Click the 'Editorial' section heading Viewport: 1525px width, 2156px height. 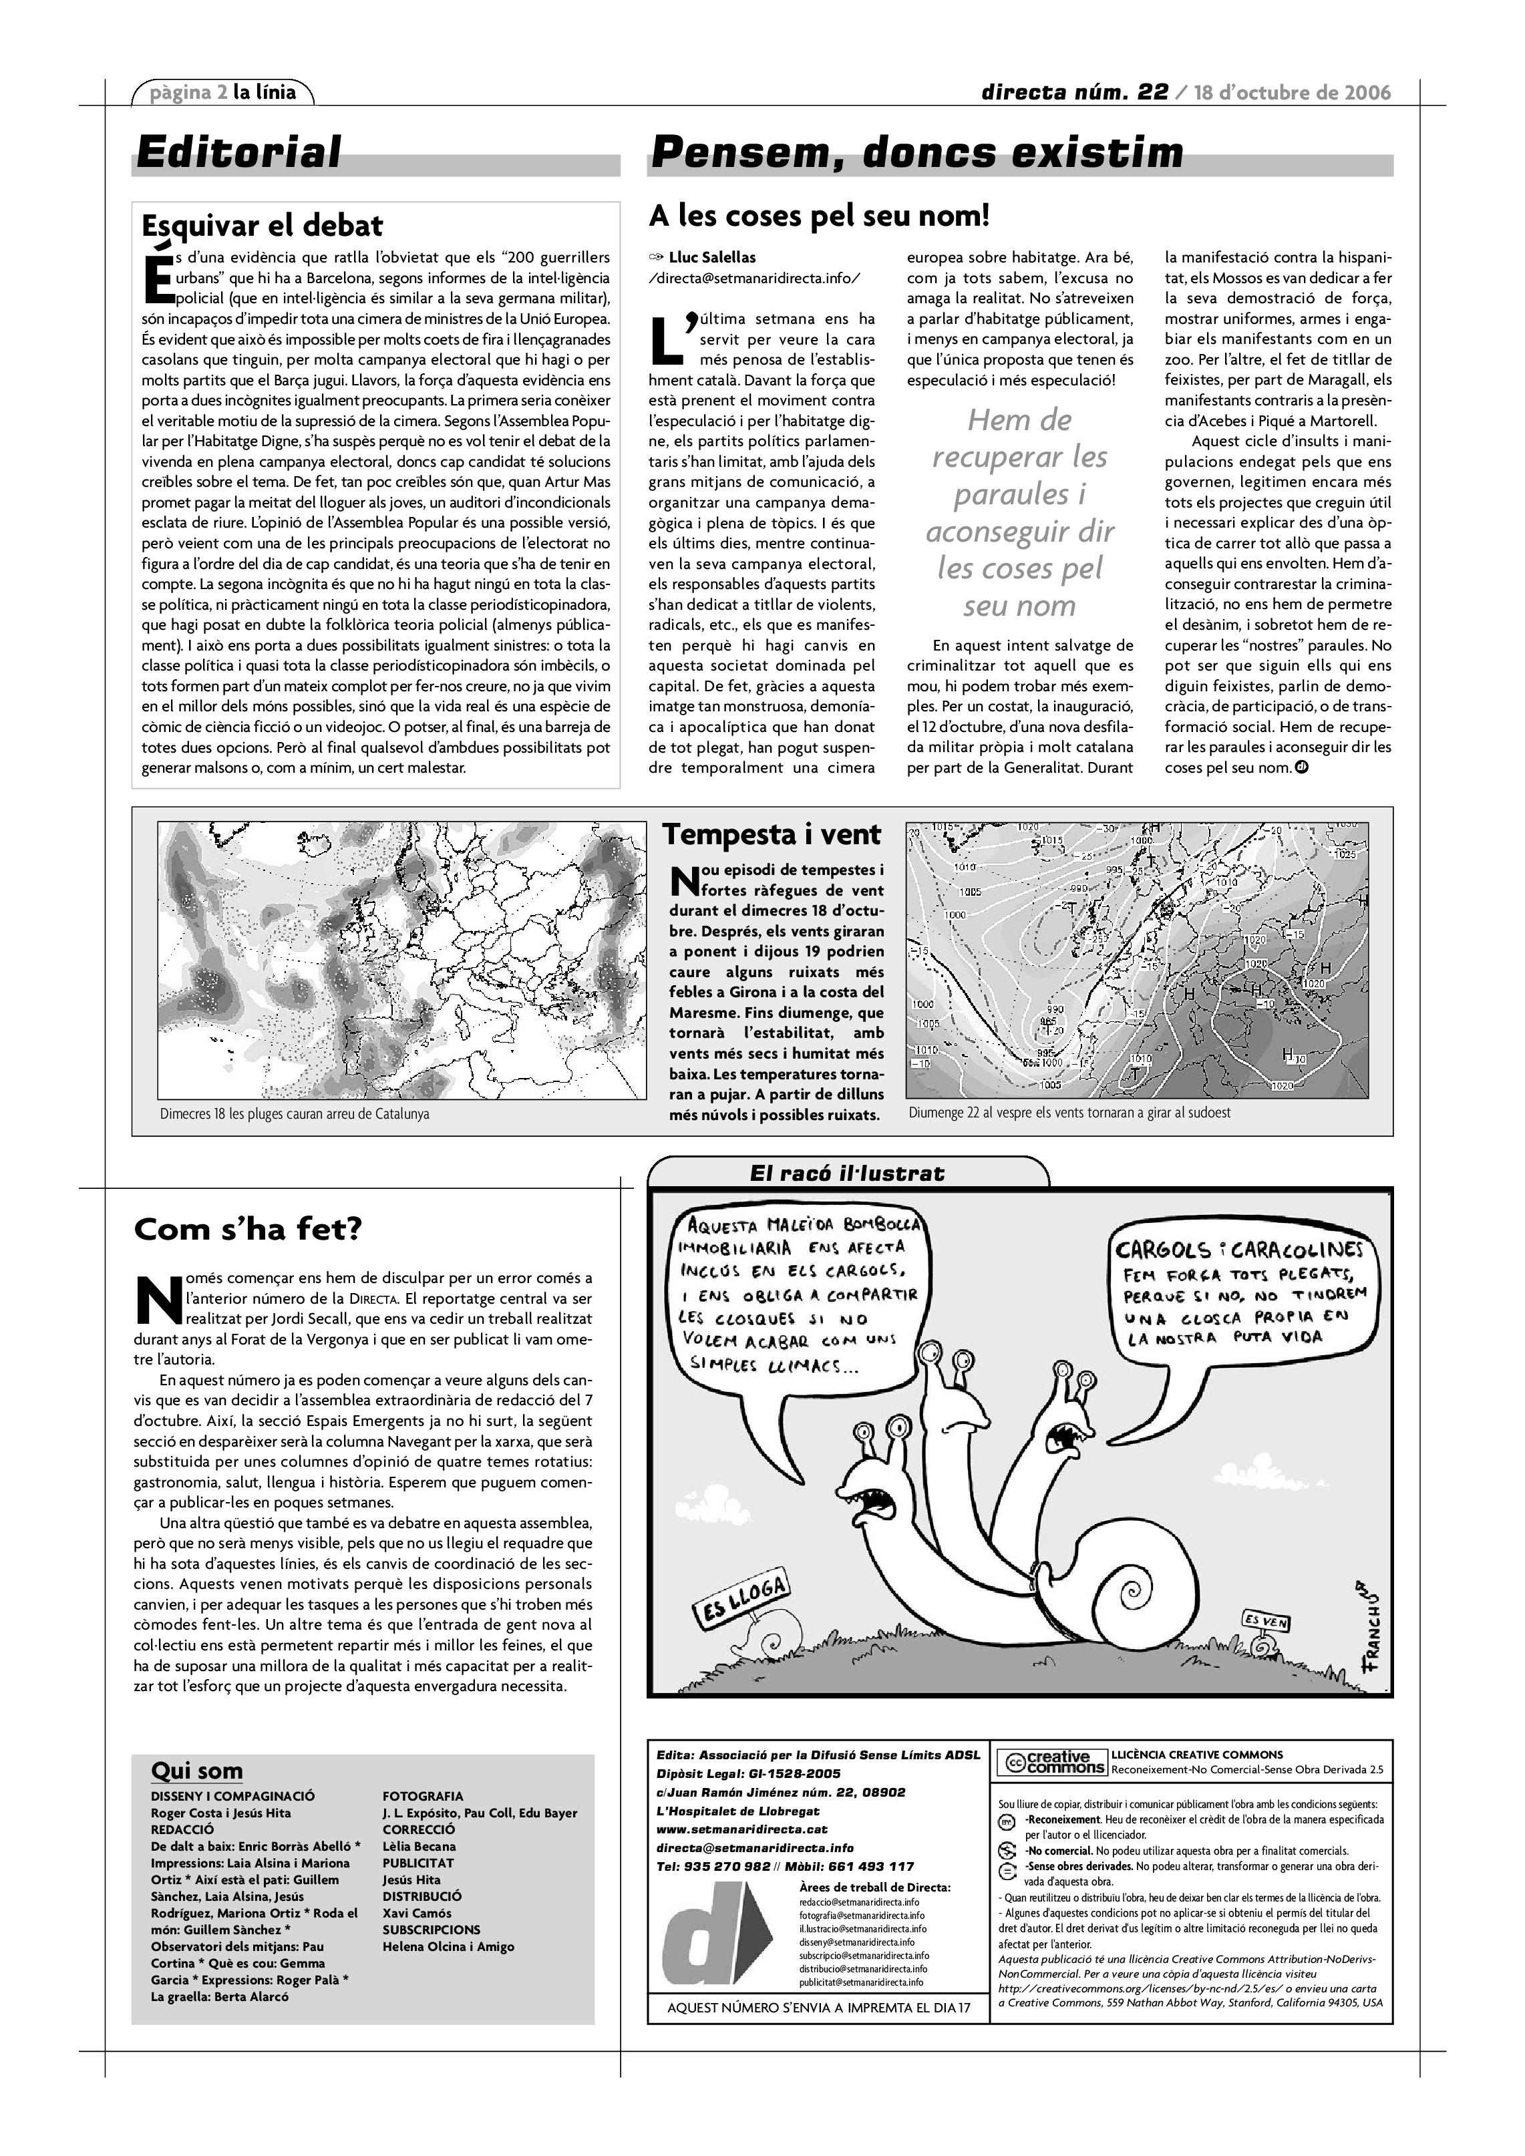238,153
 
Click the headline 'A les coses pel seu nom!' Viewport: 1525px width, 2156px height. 819,216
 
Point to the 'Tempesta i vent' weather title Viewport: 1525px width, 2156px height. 772,835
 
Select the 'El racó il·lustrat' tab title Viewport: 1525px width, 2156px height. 847,1173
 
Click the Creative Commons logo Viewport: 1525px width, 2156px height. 1051,1763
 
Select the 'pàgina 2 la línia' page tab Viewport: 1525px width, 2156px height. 224,92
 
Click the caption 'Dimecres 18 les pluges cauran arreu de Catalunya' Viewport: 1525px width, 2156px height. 294,1113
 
